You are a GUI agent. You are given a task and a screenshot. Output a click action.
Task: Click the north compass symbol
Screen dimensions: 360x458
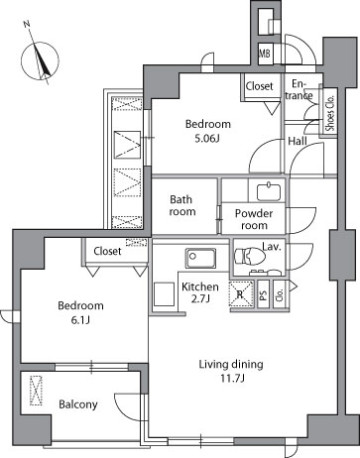click(x=40, y=60)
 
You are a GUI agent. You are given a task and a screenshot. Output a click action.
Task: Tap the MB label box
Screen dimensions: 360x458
click(x=265, y=53)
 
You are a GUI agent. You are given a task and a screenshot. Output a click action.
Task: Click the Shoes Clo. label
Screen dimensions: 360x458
click(x=330, y=113)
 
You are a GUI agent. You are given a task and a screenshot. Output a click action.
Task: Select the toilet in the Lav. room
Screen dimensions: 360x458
click(x=250, y=257)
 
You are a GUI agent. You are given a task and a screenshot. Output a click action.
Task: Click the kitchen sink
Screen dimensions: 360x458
click(x=200, y=258)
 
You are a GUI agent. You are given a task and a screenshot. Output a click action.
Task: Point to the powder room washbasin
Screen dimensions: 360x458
click(x=268, y=191)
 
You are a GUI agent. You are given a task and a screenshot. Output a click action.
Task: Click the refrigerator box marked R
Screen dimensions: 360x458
click(x=241, y=293)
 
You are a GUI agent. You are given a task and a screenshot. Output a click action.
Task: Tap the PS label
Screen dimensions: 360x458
click(x=263, y=294)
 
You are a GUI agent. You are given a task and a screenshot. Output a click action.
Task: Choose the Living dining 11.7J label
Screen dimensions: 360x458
click(x=231, y=371)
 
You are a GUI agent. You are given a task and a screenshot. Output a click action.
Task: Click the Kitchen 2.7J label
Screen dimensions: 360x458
click(x=200, y=292)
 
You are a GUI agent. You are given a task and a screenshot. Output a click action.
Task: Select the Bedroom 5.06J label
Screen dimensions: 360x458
click(x=208, y=131)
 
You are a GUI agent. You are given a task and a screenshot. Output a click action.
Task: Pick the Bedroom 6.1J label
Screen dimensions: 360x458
click(x=80, y=312)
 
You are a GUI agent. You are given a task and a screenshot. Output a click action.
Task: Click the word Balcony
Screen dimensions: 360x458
click(x=78, y=404)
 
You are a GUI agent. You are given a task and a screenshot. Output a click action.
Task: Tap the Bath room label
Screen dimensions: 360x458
click(x=182, y=205)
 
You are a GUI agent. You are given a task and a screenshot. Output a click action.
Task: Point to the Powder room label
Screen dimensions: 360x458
click(x=254, y=219)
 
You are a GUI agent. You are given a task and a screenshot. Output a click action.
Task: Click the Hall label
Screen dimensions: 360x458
click(x=297, y=141)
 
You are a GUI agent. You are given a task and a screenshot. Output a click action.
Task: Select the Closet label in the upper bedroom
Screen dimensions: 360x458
click(x=259, y=86)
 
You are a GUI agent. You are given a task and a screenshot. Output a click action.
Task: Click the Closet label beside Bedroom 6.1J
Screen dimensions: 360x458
click(x=107, y=251)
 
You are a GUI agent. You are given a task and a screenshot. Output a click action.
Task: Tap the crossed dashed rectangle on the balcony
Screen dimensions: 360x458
click(x=36, y=391)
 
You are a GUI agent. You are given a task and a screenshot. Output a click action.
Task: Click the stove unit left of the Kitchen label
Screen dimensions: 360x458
click(x=164, y=294)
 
